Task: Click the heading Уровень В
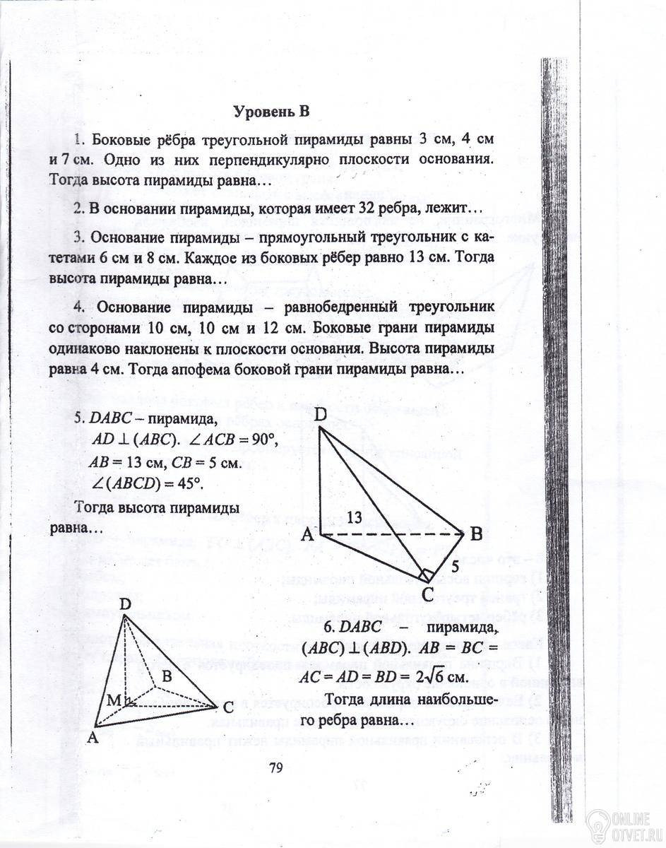(x=272, y=112)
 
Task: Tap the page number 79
(x=275, y=770)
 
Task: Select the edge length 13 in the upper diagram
(x=355, y=518)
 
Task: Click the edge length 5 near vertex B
(x=456, y=565)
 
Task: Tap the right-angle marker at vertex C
(x=427, y=573)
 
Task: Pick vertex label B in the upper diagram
(x=476, y=535)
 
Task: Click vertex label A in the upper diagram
(x=307, y=536)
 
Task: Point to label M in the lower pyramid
(x=114, y=700)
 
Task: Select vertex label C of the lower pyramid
(x=227, y=707)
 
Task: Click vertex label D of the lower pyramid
(x=125, y=605)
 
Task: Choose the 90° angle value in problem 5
(x=260, y=440)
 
